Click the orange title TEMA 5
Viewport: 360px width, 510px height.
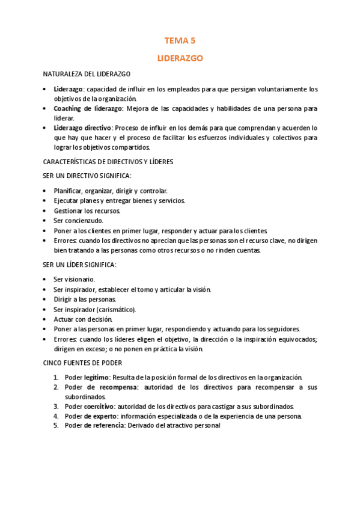point(180,41)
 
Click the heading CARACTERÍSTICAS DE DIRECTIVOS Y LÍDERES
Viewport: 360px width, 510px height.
point(109,161)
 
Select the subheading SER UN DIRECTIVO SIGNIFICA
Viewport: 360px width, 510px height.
point(87,176)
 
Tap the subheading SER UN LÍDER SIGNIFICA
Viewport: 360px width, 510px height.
point(79,265)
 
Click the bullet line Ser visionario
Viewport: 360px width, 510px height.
point(74,279)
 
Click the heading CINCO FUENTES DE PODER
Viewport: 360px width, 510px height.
point(82,363)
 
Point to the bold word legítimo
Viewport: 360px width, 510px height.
point(97,377)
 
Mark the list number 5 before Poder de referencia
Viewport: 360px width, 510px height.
point(55,426)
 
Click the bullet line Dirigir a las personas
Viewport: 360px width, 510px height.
point(85,299)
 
